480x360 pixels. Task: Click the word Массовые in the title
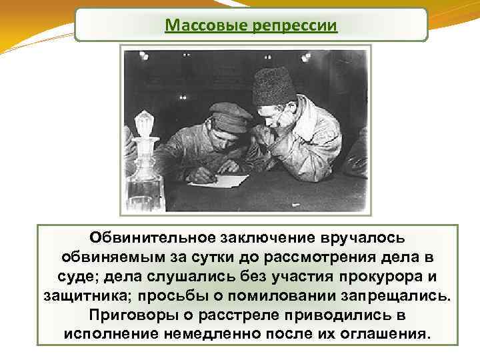[196, 25]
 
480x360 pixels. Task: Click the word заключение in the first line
[265, 237]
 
